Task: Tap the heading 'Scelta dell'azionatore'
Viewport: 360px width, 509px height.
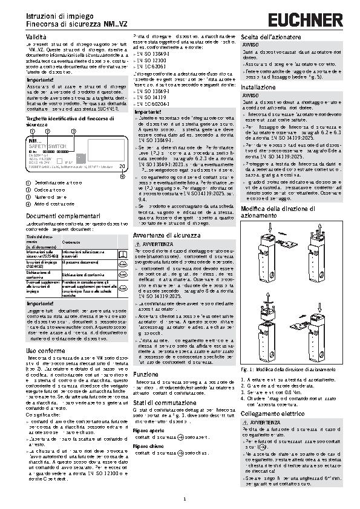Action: (271, 37)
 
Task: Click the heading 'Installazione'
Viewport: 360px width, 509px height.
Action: (258, 87)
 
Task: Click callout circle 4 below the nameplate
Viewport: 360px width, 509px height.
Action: (122, 176)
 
